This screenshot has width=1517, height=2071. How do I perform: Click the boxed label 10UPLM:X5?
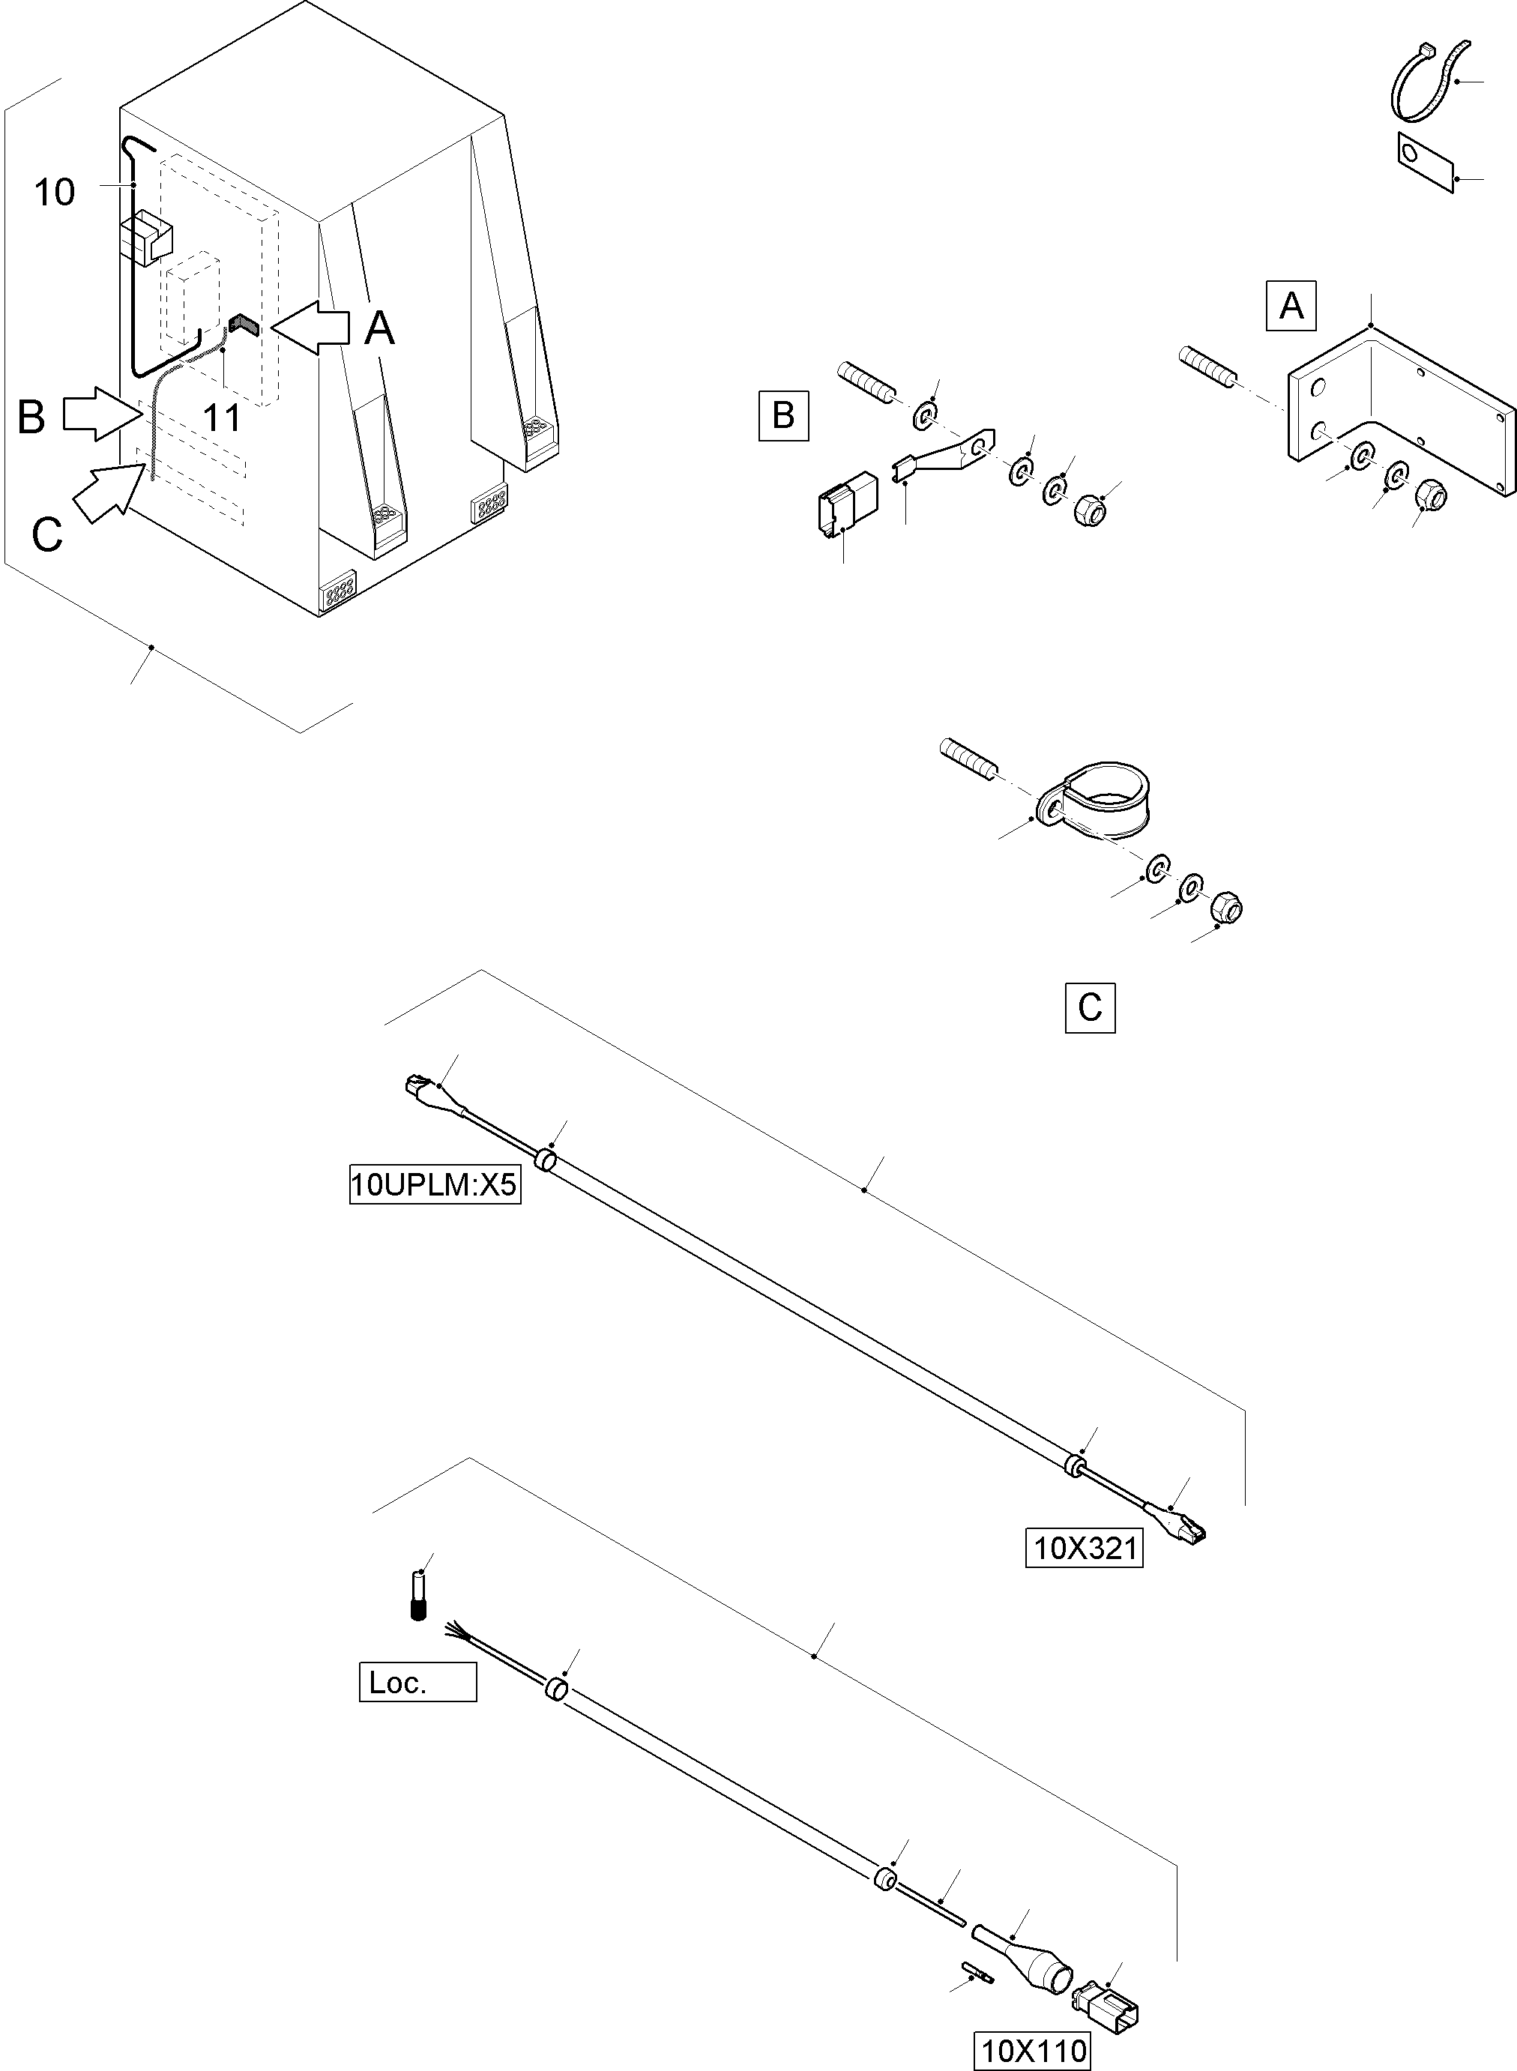click(435, 1185)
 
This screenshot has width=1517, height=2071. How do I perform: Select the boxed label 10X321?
click(1084, 1549)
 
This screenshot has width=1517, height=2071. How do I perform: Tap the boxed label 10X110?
click(1033, 2051)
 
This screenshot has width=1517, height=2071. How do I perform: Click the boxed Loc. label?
click(417, 1683)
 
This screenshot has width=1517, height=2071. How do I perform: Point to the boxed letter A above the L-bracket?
click(1290, 305)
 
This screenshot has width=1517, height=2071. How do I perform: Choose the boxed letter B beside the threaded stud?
click(782, 415)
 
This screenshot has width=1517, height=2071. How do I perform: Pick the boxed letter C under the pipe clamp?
click(1089, 1007)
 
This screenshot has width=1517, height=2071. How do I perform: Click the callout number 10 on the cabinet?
click(54, 193)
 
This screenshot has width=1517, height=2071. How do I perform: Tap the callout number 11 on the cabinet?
click(221, 419)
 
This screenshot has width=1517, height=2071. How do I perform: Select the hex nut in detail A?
click(1431, 497)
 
